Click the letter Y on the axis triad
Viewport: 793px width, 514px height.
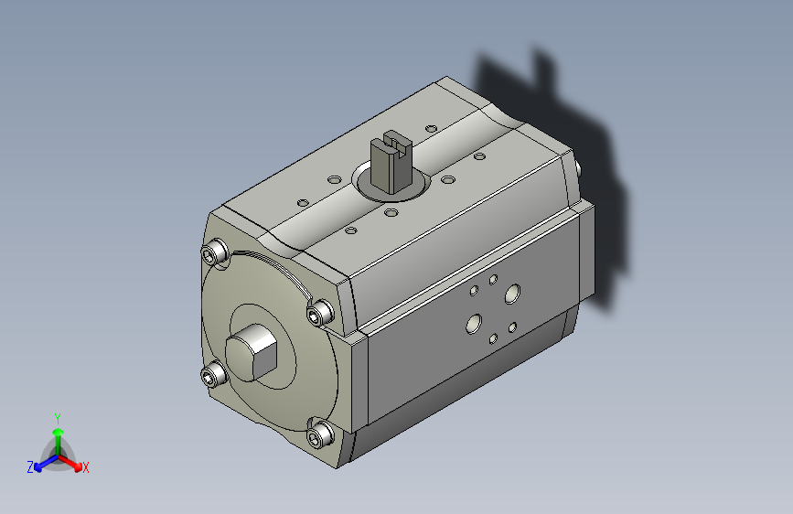click(x=58, y=419)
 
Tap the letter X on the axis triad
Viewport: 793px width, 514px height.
click(x=85, y=467)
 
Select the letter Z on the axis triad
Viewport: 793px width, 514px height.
click(x=30, y=467)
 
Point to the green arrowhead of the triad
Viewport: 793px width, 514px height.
click(x=59, y=432)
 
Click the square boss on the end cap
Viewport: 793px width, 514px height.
click(x=252, y=353)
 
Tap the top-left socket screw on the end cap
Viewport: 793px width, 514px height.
click(x=214, y=252)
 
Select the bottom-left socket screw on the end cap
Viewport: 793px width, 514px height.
click(x=213, y=374)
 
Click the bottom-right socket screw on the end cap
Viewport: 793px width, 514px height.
click(x=320, y=434)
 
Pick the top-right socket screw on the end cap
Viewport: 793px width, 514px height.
click(x=321, y=312)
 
